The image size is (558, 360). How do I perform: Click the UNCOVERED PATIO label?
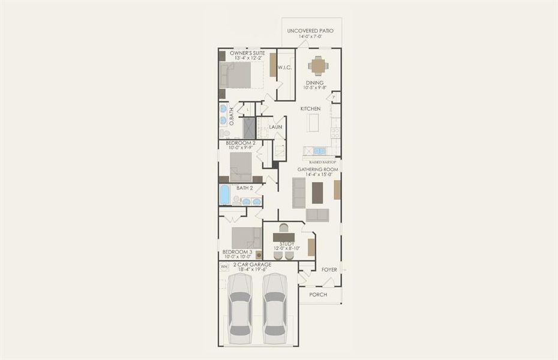click(x=310, y=31)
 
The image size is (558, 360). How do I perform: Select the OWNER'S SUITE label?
click(x=247, y=53)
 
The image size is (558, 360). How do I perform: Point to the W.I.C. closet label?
click(x=284, y=68)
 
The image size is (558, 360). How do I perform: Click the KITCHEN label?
click(x=310, y=109)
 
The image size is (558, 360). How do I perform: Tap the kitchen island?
click(x=313, y=122)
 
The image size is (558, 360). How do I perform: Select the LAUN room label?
click(x=275, y=127)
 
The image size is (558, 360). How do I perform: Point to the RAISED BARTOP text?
click(x=322, y=162)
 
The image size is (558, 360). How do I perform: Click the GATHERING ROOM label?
click(x=318, y=170)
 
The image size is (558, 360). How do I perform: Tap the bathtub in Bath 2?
click(x=224, y=194)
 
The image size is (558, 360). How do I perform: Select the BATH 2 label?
click(x=245, y=188)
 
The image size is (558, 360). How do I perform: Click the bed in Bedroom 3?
click(x=246, y=237)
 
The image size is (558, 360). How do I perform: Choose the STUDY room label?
click(x=286, y=244)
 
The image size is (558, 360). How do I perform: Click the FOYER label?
click(x=329, y=269)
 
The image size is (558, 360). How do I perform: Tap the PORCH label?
click(x=319, y=295)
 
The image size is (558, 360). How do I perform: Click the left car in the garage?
click(x=241, y=308)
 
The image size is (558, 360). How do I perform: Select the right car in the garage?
click(x=275, y=308)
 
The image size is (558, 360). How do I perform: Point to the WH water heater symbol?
click(x=224, y=266)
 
